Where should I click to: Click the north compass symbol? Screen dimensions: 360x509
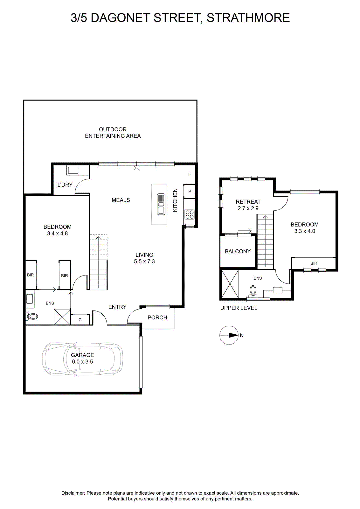pos(229,335)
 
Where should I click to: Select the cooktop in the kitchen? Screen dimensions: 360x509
pos(190,214)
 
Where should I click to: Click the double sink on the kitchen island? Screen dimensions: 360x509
pos(161,204)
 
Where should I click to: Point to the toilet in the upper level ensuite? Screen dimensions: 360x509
pos(253,291)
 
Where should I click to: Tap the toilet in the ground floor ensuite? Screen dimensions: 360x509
pos(31,316)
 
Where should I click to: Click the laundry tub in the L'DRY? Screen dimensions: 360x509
pos(73,170)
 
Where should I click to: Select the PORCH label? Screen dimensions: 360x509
pos(157,317)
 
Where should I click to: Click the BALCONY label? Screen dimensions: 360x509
pos(238,251)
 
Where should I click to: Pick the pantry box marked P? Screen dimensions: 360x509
pos(190,191)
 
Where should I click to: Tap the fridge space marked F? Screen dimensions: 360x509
pos(190,174)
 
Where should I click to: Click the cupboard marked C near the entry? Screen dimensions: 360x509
pos(80,320)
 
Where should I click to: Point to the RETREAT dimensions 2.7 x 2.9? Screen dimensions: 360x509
pos(248,208)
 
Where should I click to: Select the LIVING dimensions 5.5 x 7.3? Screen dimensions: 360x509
pos(144,261)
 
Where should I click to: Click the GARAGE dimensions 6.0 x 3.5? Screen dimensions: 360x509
pos(82,362)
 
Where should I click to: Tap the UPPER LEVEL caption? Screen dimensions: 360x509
pos(239,308)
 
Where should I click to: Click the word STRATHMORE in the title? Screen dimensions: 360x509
pos(248,18)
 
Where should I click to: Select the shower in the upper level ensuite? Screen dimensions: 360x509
pos(230,284)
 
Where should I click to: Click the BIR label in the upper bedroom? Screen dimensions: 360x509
pos(314,263)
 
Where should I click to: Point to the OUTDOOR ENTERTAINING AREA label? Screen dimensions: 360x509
pos(113,133)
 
